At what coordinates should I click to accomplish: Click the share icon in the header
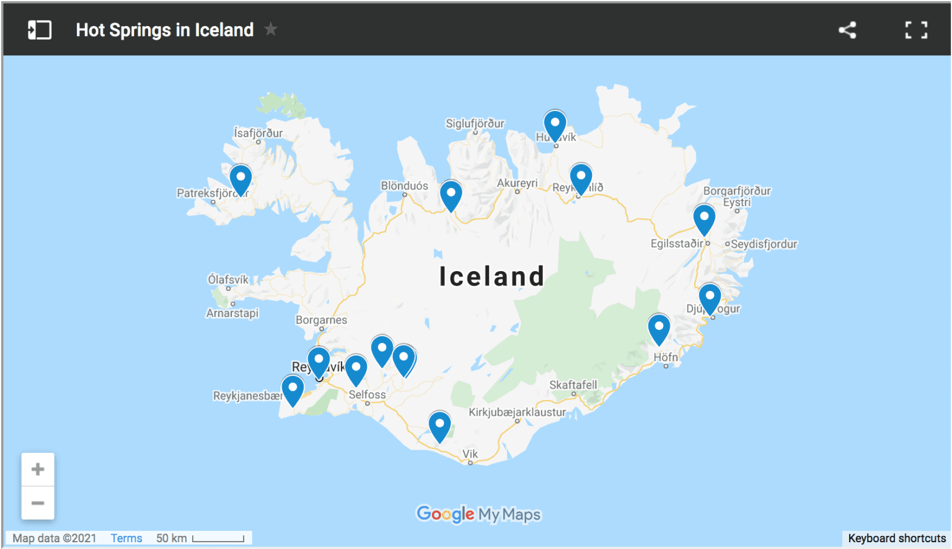point(847,30)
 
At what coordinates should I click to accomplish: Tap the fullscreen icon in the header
point(916,30)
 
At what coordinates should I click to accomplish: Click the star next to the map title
point(271,29)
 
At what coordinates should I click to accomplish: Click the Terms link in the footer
point(126,538)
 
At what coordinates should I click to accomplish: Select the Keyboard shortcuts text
point(896,538)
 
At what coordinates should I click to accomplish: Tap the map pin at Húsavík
point(555,124)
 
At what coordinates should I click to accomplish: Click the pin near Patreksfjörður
point(240,179)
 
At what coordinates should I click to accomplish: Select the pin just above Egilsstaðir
point(704,218)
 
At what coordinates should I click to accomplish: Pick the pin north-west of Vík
point(439,426)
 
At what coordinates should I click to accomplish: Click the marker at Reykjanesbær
point(293,389)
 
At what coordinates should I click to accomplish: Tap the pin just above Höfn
point(659,328)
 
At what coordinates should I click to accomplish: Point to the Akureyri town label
point(517,183)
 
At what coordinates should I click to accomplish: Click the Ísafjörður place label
point(258,133)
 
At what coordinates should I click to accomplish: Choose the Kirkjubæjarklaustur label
point(517,412)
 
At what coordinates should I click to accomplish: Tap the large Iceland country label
point(491,276)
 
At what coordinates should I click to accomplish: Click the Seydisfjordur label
point(764,244)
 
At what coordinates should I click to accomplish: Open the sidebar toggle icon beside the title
point(40,30)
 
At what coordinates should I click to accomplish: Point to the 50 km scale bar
point(218,538)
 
